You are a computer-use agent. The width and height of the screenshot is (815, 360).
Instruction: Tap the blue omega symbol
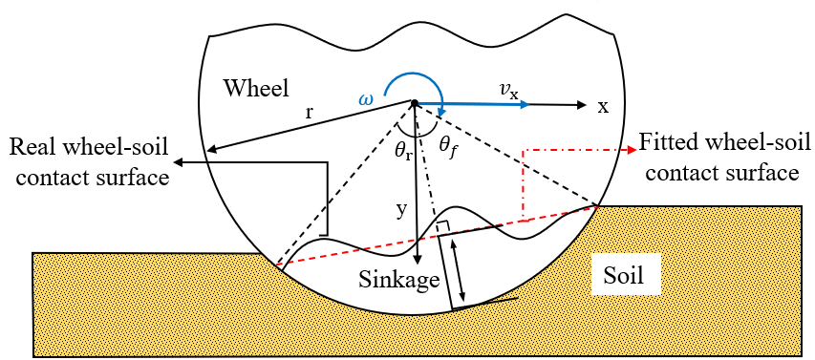(x=365, y=98)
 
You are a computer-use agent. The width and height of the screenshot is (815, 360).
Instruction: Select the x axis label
(x=603, y=107)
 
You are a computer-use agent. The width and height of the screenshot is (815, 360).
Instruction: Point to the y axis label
(x=402, y=207)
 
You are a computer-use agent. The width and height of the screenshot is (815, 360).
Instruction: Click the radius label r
(x=310, y=112)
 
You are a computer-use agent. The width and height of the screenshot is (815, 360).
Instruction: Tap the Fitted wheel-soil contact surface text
(x=718, y=159)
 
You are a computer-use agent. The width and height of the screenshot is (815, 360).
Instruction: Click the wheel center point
(x=415, y=103)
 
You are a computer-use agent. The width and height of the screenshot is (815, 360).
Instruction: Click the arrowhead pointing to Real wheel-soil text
(x=179, y=163)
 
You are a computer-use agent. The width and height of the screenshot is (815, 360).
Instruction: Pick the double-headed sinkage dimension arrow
(x=461, y=270)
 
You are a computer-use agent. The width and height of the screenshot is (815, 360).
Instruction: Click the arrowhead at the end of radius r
(x=215, y=149)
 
